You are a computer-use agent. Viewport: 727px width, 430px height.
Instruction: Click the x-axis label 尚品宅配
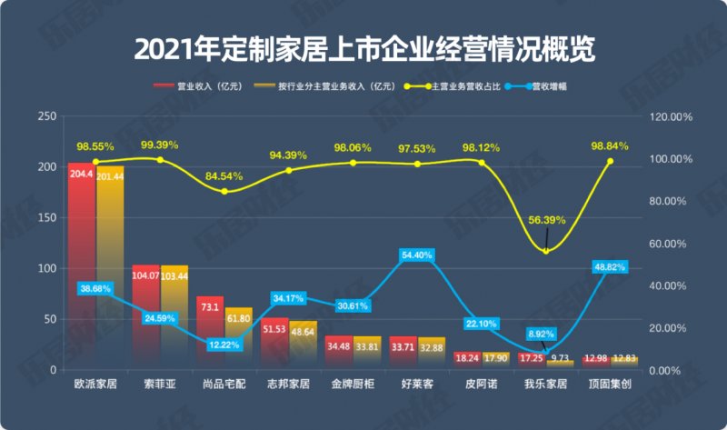pos(224,385)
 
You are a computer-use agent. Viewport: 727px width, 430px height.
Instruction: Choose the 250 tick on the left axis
pos(43,116)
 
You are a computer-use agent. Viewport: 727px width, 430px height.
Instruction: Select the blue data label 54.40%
pos(416,255)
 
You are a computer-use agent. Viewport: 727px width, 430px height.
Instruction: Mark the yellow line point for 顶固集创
pos(610,161)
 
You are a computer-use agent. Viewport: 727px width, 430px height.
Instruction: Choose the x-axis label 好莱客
pos(416,385)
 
